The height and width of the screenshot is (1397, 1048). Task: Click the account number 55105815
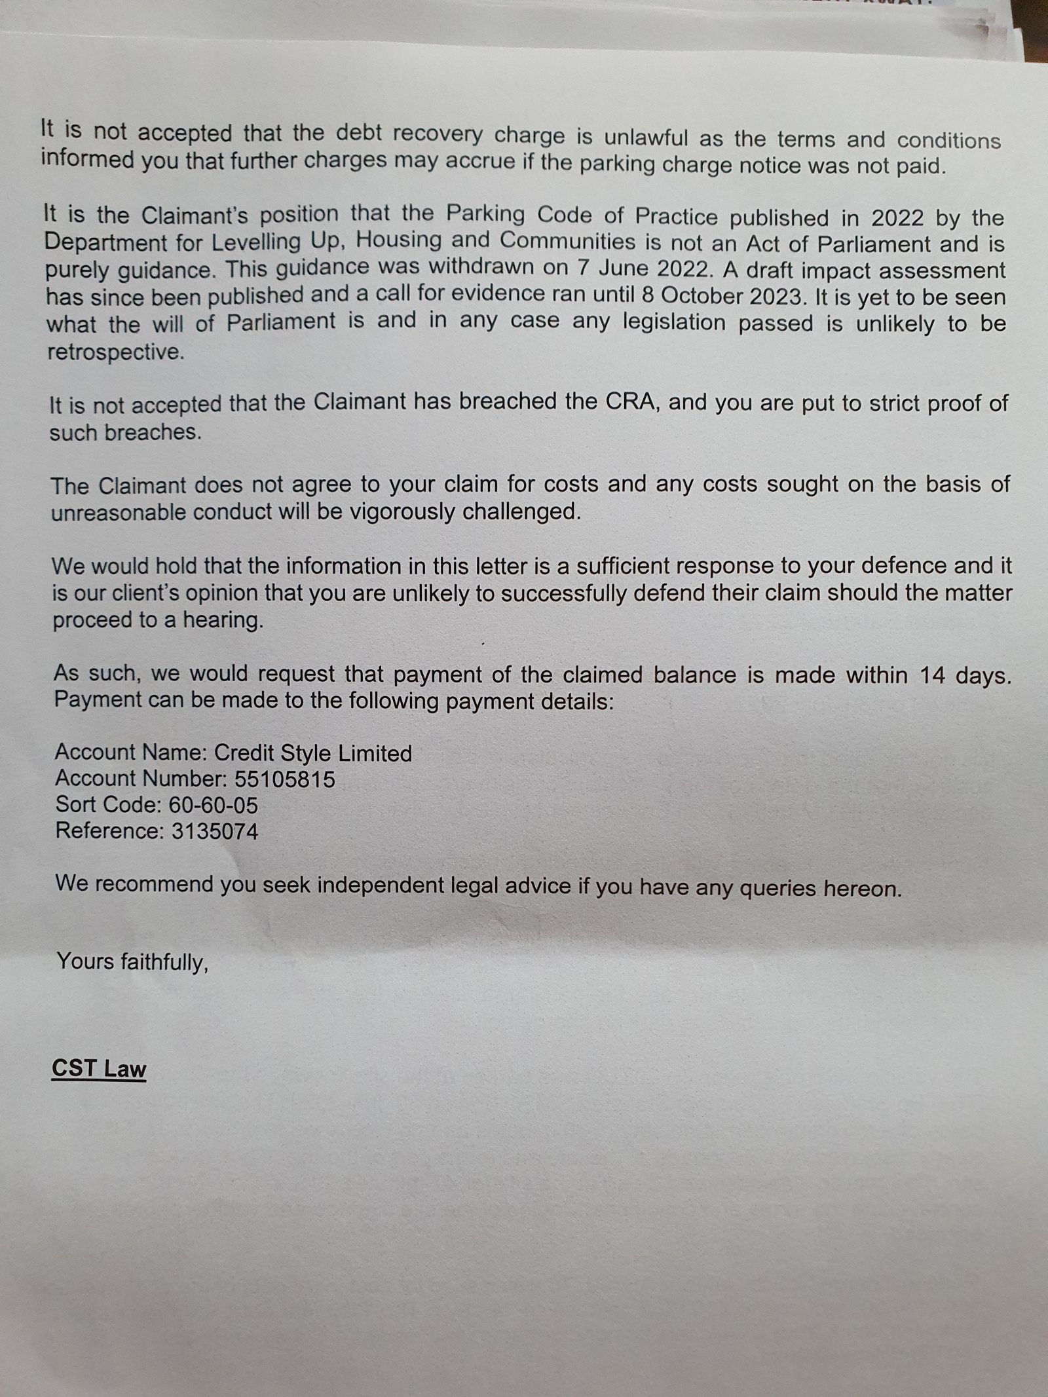284,779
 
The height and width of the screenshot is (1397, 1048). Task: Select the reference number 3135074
215,832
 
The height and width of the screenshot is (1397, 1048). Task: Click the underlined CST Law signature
99,1068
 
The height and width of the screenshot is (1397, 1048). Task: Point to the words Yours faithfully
132,961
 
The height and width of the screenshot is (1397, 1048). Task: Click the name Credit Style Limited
313,753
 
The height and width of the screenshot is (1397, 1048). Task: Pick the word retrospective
115,352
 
